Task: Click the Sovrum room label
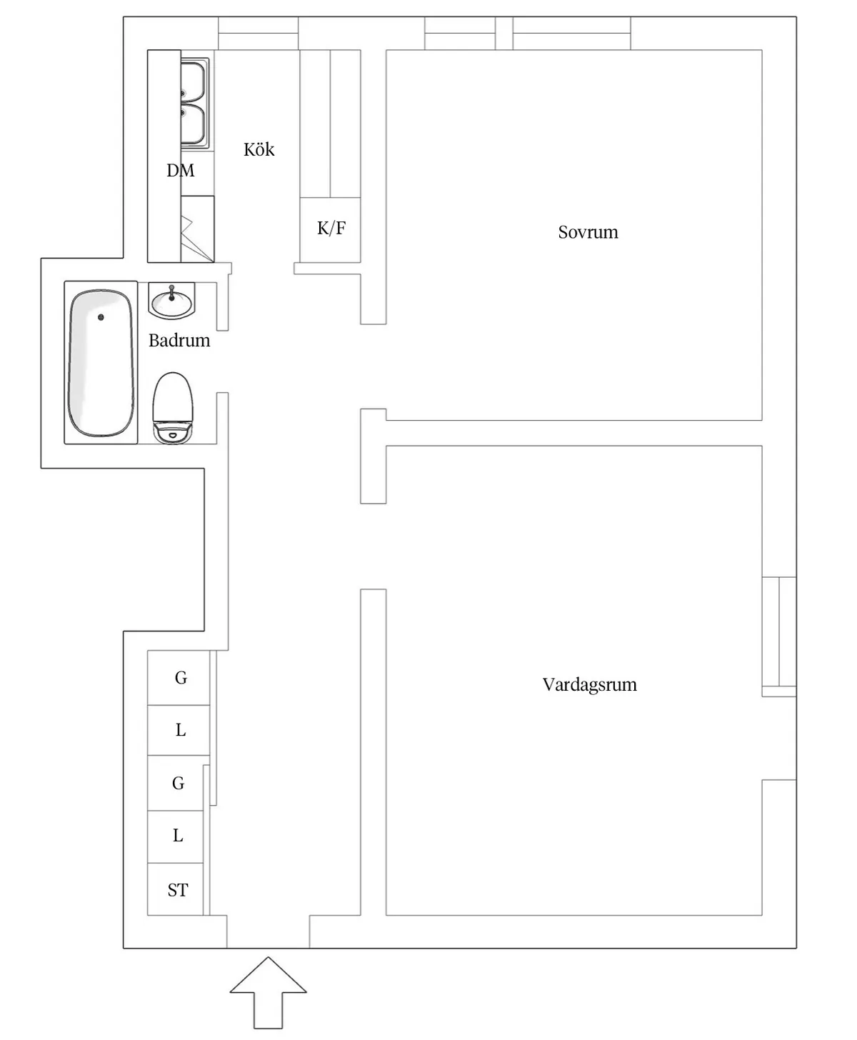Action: coord(588,232)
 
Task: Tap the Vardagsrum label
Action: coord(589,685)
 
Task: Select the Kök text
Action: coord(259,149)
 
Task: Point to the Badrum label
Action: coord(179,341)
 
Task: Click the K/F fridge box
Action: coord(330,229)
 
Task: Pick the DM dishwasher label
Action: coord(180,170)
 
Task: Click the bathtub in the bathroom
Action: coord(101,363)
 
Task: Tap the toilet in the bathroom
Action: coord(172,407)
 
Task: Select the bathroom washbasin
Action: coord(172,301)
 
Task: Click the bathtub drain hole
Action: coord(101,317)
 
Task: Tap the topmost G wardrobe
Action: coord(179,677)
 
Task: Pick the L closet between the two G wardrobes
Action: coord(179,730)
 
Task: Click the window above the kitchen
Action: coord(259,34)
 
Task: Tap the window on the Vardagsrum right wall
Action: coord(779,636)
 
